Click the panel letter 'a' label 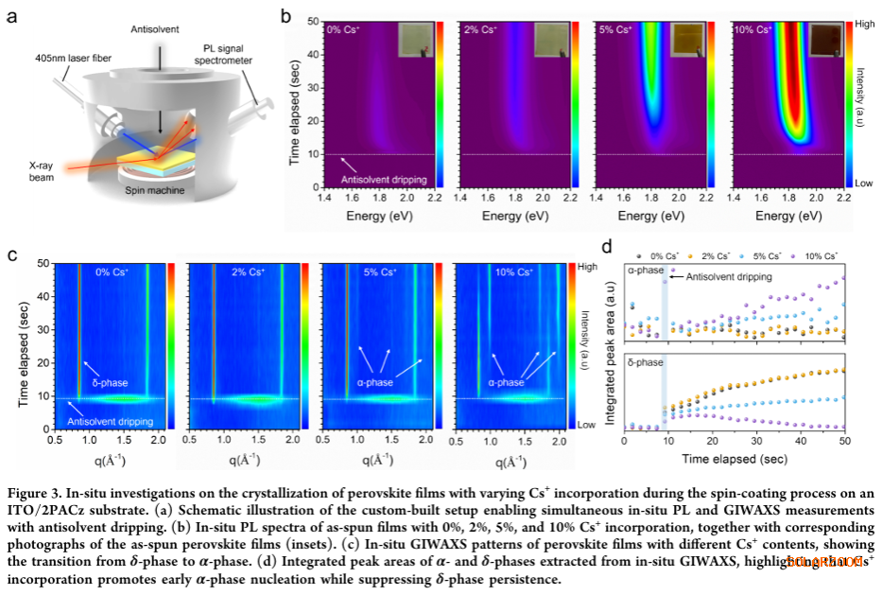tap(12, 15)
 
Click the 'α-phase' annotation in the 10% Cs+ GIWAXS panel tap(506, 382)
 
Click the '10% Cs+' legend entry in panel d tap(818, 255)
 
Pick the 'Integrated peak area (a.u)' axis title tap(611, 344)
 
